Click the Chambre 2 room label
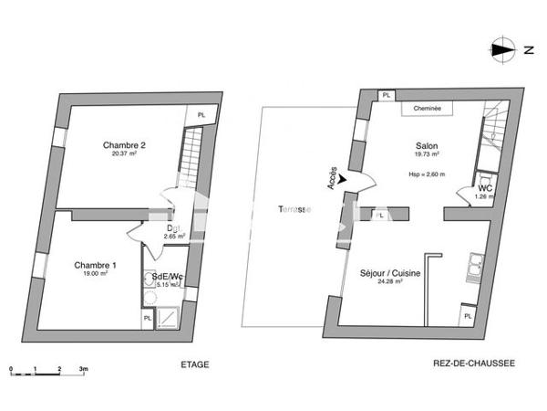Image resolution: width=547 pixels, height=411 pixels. click(x=125, y=145)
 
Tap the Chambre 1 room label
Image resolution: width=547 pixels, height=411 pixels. click(x=96, y=265)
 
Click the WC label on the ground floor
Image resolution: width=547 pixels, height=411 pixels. click(x=485, y=188)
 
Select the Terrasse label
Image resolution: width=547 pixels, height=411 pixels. click(x=294, y=209)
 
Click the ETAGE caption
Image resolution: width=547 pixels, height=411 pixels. click(x=194, y=364)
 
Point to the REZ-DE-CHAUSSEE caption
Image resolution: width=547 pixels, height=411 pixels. click(x=474, y=364)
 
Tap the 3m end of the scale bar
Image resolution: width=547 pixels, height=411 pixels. click(x=83, y=369)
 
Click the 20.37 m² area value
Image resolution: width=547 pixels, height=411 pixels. click(x=125, y=154)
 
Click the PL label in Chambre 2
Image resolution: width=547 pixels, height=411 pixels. click(x=201, y=114)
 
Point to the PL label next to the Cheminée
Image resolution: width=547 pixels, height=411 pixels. click(x=387, y=95)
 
